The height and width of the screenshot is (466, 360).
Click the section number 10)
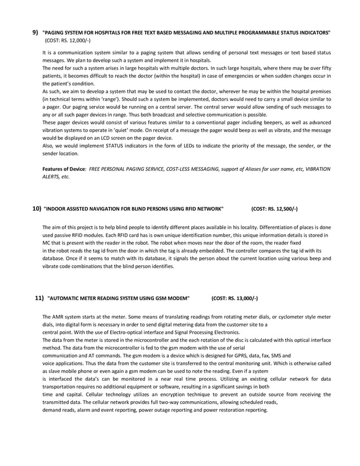click(x=36, y=208)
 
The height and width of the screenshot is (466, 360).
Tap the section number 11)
click(x=39, y=297)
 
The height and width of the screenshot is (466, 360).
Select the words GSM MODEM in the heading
click(x=173, y=297)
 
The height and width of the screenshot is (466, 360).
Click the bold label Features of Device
click(x=64, y=169)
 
